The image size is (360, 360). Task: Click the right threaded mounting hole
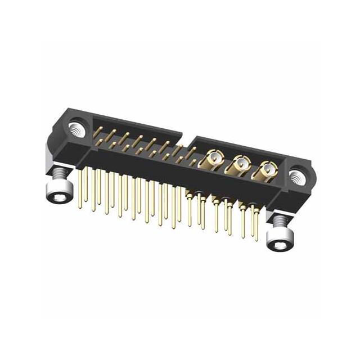(x=297, y=178)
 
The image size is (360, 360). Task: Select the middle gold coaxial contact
(x=240, y=165)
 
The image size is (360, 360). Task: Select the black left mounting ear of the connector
(x=66, y=141)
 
